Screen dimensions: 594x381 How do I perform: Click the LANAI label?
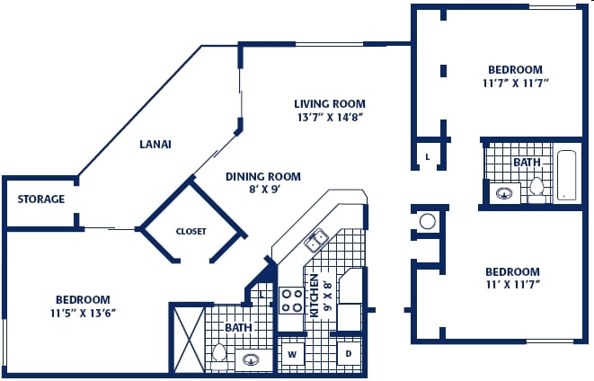(155, 145)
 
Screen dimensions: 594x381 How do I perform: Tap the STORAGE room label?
(41, 199)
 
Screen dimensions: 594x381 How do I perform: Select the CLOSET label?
(191, 232)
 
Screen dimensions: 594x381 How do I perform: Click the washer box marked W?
(292, 354)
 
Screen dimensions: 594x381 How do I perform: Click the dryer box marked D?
(349, 354)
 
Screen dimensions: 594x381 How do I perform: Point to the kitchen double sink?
(316, 241)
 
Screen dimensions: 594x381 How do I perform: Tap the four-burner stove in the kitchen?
(291, 300)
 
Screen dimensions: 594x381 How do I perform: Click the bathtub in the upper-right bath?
(567, 175)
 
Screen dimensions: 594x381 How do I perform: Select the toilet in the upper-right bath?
(536, 190)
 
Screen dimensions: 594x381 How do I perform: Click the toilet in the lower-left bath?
(218, 356)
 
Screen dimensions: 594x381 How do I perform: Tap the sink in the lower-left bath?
(250, 359)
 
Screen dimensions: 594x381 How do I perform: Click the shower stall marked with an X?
(189, 340)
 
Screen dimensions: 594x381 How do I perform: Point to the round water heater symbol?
(428, 222)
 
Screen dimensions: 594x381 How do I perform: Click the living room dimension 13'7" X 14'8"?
(331, 118)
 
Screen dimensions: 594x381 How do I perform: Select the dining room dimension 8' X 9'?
(264, 189)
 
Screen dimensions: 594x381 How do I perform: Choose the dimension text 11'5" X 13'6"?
(83, 314)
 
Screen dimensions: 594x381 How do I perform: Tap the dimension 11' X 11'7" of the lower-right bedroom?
(513, 285)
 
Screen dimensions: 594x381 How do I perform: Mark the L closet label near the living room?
(428, 156)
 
